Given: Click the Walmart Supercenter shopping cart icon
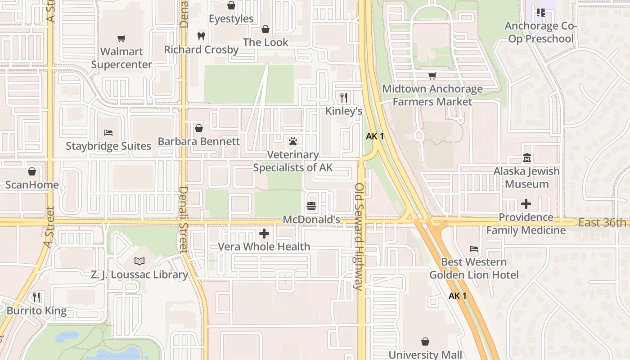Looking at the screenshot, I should (x=121, y=38).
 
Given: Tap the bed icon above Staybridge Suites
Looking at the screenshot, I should (x=108, y=133).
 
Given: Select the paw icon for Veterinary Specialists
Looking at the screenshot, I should (x=293, y=142).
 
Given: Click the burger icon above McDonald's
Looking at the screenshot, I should (x=311, y=207).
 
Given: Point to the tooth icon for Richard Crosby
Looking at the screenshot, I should (x=201, y=36).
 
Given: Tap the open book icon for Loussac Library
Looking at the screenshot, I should (x=139, y=261).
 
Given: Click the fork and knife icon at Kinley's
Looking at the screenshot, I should (x=344, y=98).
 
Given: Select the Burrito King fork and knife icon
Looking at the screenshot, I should (x=36, y=297).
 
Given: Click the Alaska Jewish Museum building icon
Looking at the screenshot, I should (x=526, y=158).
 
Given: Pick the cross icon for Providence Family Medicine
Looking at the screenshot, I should (x=526, y=204).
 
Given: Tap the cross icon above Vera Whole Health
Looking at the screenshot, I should (x=264, y=234).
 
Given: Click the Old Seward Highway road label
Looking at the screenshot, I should (x=359, y=236).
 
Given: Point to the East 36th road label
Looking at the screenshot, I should (x=602, y=223).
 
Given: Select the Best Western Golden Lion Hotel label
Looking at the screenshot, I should (x=474, y=268).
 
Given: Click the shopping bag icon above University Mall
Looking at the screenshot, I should (x=425, y=342).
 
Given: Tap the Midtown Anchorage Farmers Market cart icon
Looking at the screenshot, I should (x=432, y=76).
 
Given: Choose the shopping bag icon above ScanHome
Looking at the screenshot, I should (x=32, y=171).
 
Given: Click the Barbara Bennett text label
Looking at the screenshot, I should (x=198, y=141).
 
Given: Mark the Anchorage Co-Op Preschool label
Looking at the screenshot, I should (x=540, y=32).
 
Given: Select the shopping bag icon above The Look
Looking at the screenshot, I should (x=265, y=29).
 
